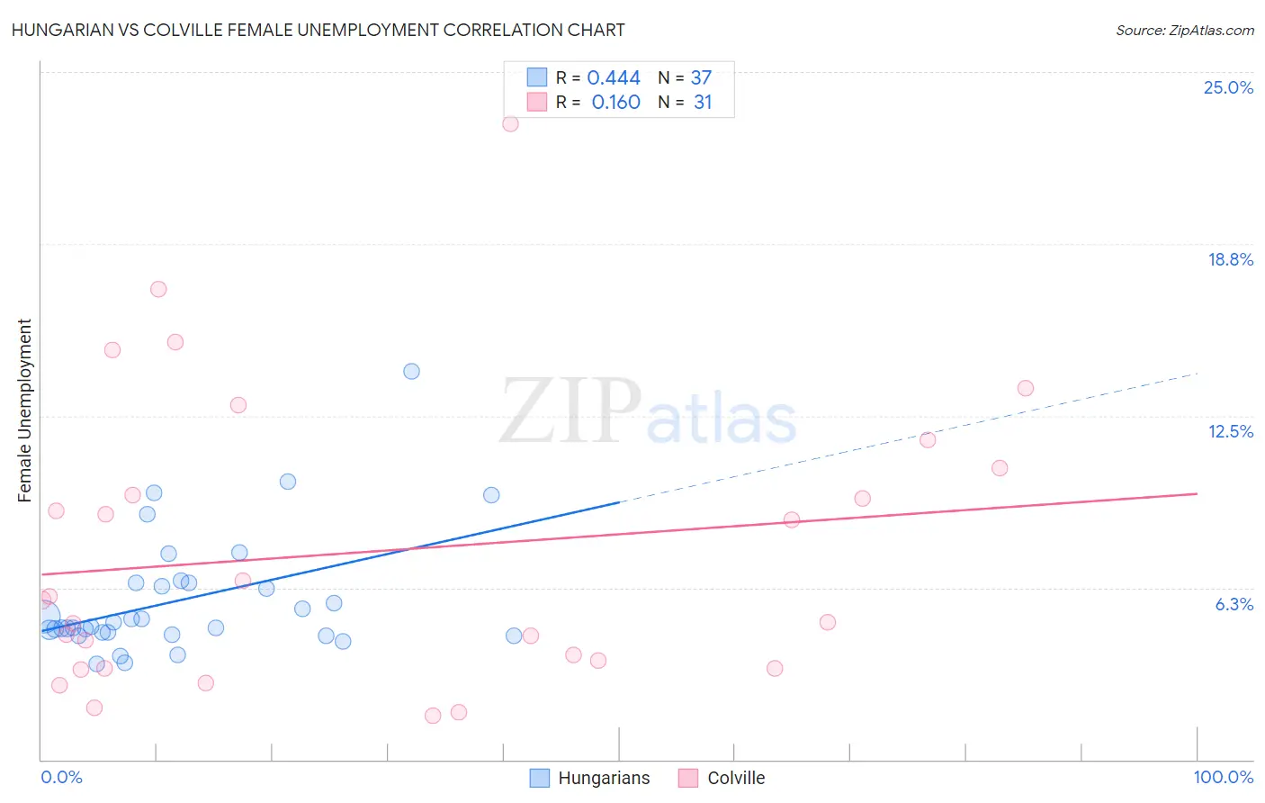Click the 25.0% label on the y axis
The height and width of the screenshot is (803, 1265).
pos(1228,87)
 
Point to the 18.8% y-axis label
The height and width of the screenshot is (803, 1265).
pos(1230,259)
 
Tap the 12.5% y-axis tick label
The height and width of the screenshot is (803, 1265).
pos(1230,431)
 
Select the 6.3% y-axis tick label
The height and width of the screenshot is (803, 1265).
pos(1234,604)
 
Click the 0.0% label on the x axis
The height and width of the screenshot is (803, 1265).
pos(61,777)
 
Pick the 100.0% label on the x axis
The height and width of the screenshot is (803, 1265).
pos(1223,777)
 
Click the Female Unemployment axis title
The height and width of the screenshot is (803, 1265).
pos(24,411)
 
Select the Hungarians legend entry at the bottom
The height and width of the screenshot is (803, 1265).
pos(589,778)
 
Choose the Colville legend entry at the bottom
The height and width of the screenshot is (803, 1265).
pos(722,778)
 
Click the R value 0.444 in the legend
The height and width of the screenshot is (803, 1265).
pos(614,78)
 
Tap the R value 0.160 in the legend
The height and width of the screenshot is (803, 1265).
pos(615,103)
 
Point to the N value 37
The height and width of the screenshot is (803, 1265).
pos(701,78)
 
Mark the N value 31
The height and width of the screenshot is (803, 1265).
pos(703,103)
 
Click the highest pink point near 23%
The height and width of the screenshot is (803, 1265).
pos(510,124)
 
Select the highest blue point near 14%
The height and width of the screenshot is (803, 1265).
pos(411,371)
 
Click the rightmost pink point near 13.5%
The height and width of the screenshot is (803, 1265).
pos(1025,388)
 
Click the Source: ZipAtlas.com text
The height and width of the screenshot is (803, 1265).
pos(1184,30)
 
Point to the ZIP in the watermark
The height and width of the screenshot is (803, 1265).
pos(570,412)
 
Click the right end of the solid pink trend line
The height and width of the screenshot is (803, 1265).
pos(1196,493)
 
